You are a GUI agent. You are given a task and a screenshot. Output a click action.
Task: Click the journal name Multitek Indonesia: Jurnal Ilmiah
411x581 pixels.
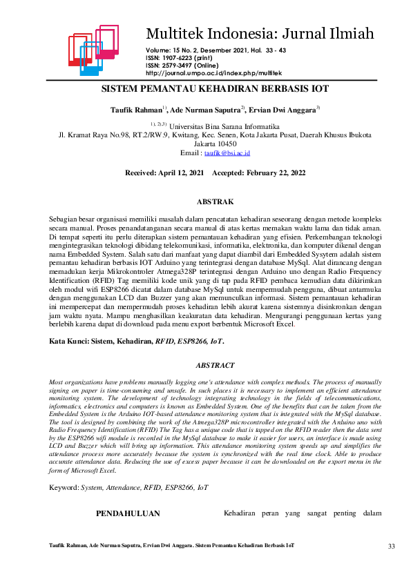point(260,32)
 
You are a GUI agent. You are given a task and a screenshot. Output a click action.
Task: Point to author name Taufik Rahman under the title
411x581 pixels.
point(136,110)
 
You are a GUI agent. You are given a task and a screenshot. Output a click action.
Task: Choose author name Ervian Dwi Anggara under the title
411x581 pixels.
point(283,110)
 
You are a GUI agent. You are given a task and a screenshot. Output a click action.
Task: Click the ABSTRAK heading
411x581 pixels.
point(216,201)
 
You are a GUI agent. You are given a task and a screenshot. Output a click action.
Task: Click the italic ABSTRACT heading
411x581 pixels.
point(216,365)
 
